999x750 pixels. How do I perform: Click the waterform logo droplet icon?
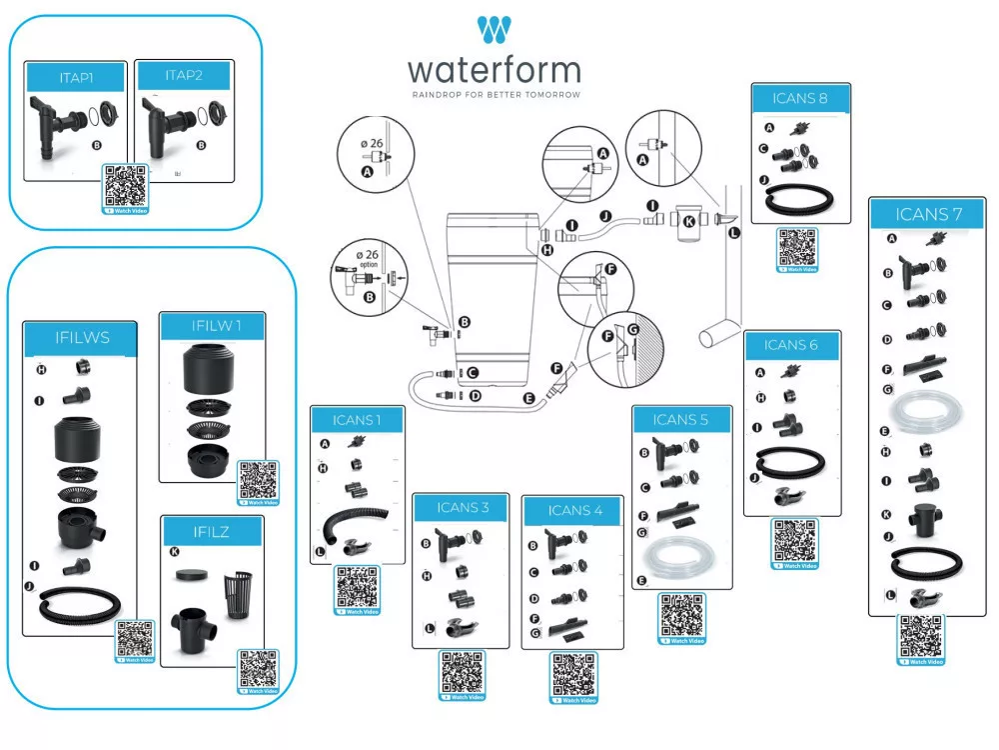tap(495, 30)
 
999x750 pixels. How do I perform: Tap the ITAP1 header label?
tap(76, 77)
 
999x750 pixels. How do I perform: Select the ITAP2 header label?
tap(184, 75)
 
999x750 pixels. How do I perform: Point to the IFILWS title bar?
tap(83, 337)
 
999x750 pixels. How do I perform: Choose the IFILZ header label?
tap(211, 531)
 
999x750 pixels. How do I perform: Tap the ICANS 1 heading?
tap(357, 419)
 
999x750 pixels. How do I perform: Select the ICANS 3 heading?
tap(463, 508)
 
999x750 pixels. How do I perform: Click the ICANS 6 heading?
tap(791, 345)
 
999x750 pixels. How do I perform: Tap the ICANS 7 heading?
tap(928, 214)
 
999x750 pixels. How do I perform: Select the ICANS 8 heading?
tap(799, 98)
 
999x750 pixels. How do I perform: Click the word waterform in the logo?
tap(494, 70)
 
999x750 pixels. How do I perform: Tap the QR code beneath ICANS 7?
tap(920, 637)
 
